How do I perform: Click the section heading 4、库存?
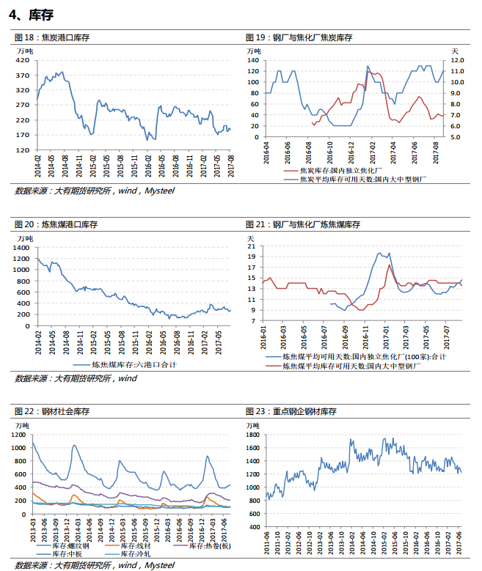(32, 15)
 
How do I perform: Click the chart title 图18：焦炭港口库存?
(52, 37)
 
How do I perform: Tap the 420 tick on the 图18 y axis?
(22, 60)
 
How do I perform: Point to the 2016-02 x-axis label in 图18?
(148, 166)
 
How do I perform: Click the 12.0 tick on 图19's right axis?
(457, 60)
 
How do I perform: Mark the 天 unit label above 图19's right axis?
(455, 51)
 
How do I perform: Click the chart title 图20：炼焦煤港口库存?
(56, 224)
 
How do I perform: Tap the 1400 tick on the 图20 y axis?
(21, 248)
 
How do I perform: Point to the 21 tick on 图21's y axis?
(252, 246)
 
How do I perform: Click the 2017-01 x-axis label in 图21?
(386, 338)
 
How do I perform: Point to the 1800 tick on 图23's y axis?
(252, 435)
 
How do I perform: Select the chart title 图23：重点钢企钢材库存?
(291, 411)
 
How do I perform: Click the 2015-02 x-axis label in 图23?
(384, 543)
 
